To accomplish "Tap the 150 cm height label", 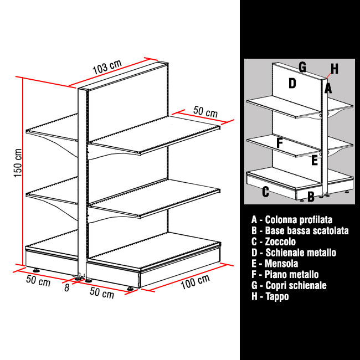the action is tap(18, 163).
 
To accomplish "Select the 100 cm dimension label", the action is tap(195, 281).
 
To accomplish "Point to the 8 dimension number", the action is tap(66, 287).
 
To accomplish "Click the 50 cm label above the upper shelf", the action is tap(205, 111).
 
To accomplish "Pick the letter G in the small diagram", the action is tap(302, 67).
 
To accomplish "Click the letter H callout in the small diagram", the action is tap(335, 69).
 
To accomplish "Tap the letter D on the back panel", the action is tap(292, 83).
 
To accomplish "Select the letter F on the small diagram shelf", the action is tap(279, 142).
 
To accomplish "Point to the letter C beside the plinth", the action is tap(265, 192).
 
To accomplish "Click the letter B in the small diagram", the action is tap(311, 197).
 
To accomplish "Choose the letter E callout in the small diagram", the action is tap(315, 160).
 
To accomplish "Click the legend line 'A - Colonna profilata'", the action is tap(292, 220).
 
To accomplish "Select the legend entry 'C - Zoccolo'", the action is tap(274, 241).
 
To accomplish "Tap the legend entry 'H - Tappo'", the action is tap(270, 296).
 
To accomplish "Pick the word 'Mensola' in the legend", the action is tap(281, 264).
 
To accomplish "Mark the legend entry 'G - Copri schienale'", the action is tap(289, 285).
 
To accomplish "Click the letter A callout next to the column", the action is tap(328, 89).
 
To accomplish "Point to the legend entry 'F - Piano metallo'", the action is tap(285, 274).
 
